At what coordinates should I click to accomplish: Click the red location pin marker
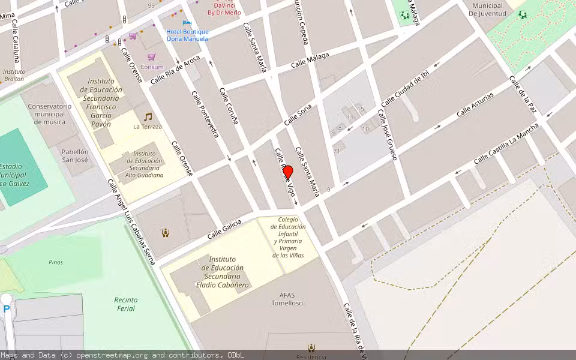click(x=287, y=172)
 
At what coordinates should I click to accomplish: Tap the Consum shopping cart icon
click(x=152, y=57)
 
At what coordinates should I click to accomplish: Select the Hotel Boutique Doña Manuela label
click(x=187, y=35)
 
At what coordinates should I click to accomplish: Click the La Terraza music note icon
click(x=148, y=116)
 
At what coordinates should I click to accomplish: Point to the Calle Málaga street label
click(x=310, y=60)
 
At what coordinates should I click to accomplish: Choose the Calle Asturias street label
click(x=475, y=104)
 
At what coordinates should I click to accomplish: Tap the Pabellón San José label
click(x=75, y=156)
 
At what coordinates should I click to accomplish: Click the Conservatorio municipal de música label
click(x=50, y=114)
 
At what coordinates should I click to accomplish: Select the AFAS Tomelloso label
click(x=291, y=298)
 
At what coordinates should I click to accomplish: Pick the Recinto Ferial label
click(x=125, y=304)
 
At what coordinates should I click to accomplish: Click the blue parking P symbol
click(x=7, y=309)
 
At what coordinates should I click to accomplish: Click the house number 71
click(x=337, y=151)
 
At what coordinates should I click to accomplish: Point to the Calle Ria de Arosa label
click(x=175, y=70)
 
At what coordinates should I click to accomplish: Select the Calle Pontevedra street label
click(x=205, y=114)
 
